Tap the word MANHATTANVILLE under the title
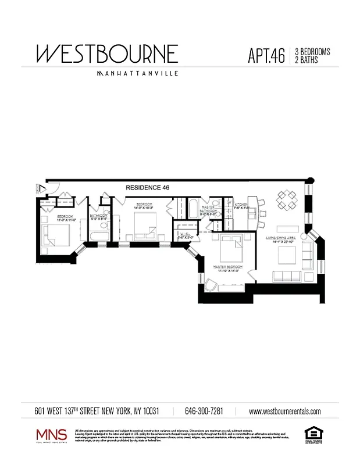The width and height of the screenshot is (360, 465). (x=137, y=74)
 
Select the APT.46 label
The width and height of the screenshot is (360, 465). (x=266, y=56)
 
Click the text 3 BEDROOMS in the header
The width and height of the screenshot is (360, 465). (x=312, y=52)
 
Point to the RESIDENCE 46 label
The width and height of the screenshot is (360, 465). (x=148, y=188)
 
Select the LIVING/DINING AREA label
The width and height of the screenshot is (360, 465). (x=283, y=238)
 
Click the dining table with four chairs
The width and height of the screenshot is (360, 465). (x=288, y=201)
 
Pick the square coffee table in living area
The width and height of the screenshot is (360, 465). (x=287, y=255)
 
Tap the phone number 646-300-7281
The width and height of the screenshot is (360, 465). (x=204, y=411)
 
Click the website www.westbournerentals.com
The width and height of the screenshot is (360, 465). (x=284, y=411)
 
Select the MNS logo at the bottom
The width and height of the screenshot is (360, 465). (x=52, y=435)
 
